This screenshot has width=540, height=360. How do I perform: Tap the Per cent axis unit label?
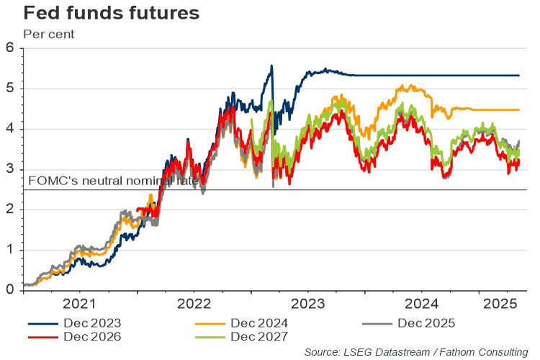click(49, 33)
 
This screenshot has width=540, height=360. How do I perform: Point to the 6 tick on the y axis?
click(9, 48)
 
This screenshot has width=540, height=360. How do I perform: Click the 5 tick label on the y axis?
click(9, 89)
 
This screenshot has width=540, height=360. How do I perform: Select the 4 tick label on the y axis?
click(9, 129)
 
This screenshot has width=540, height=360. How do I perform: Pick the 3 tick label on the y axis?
click(9, 169)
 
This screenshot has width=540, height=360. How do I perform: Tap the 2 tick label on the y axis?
click(9, 210)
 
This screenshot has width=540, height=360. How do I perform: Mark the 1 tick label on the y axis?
click(9, 250)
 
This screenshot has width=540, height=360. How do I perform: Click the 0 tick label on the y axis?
click(9, 290)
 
